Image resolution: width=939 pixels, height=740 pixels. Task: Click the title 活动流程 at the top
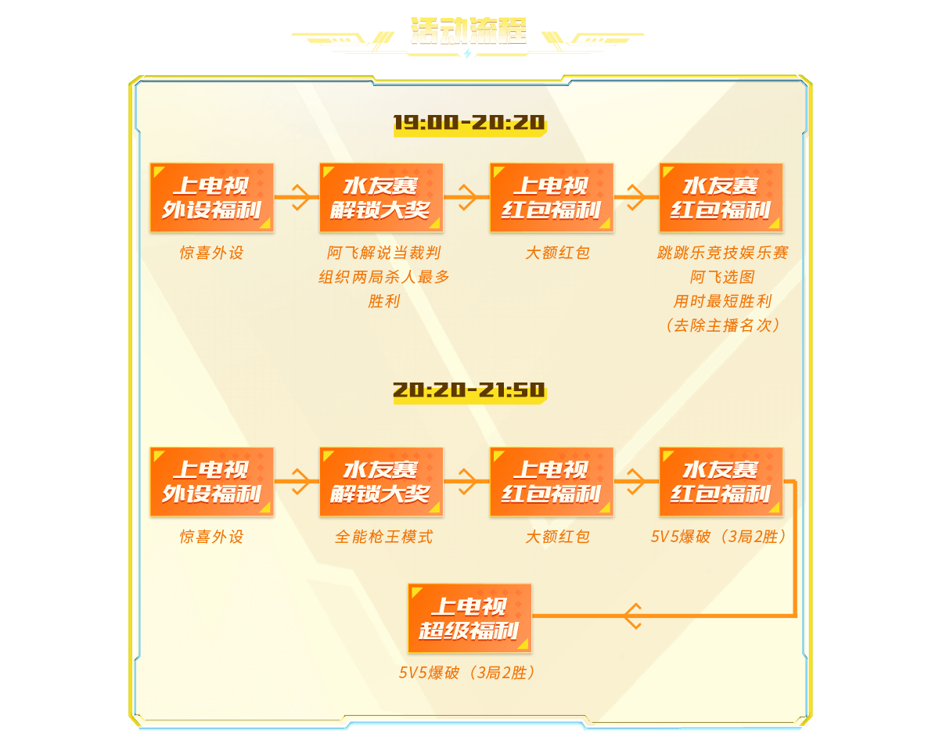(x=469, y=31)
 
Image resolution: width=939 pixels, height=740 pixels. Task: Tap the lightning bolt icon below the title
(x=468, y=54)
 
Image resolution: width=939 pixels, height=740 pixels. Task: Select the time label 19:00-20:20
(x=469, y=124)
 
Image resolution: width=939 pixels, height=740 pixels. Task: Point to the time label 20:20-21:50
(x=469, y=390)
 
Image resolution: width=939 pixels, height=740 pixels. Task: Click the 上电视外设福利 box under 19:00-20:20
(x=212, y=198)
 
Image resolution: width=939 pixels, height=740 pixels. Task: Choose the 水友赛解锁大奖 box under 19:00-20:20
(x=381, y=198)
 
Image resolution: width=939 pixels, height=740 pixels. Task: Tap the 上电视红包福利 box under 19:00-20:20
(x=552, y=198)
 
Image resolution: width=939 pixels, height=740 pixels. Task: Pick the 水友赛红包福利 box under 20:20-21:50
(x=721, y=482)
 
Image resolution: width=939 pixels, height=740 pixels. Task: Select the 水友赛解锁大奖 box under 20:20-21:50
(x=381, y=482)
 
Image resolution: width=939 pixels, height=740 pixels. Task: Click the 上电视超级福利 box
(x=469, y=618)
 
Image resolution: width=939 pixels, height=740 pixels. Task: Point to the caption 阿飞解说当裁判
(x=383, y=253)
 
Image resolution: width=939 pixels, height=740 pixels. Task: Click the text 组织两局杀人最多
(x=383, y=277)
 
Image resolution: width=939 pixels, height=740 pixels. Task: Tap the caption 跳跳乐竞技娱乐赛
(x=722, y=253)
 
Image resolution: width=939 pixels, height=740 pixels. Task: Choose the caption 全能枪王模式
(x=383, y=537)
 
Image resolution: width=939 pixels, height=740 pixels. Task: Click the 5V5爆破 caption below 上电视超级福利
(x=469, y=673)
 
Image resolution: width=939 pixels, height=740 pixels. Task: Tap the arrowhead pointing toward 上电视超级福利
(x=632, y=616)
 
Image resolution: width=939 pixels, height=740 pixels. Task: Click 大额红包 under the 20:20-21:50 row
(x=557, y=537)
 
